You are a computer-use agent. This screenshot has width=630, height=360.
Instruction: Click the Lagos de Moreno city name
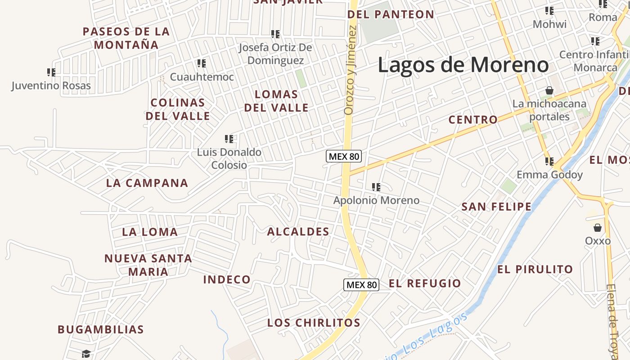(463, 65)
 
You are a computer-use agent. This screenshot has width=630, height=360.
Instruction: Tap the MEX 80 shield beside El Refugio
(361, 284)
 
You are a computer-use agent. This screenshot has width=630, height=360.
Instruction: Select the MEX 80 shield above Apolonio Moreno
(344, 156)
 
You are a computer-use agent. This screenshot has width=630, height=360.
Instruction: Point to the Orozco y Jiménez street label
(350, 70)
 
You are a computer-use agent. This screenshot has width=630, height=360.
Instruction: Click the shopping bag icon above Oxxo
(598, 228)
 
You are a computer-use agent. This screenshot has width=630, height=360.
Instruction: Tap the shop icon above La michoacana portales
(549, 91)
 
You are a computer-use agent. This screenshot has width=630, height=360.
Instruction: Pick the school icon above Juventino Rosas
(51, 72)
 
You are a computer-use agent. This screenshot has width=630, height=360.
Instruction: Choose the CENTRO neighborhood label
(473, 119)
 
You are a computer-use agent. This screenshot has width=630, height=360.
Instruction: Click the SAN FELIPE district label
(496, 207)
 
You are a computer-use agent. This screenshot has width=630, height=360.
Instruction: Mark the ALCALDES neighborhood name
(298, 232)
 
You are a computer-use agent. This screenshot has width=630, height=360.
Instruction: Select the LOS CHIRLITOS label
(314, 323)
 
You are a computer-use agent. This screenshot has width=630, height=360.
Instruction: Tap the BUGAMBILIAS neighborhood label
(101, 329)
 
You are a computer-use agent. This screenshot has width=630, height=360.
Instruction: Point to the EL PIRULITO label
(535, 269)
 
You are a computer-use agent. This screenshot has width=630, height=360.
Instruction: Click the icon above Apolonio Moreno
(376, 187)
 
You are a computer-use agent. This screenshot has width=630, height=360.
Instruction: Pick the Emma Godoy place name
(549, 175)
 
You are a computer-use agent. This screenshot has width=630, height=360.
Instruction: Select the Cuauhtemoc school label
(202, 77)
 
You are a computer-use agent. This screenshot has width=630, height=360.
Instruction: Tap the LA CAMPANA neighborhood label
(147, 183)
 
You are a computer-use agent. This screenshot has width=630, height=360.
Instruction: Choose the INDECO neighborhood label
(227, 279)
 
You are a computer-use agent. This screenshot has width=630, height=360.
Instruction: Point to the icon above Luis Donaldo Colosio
(229, 139)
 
